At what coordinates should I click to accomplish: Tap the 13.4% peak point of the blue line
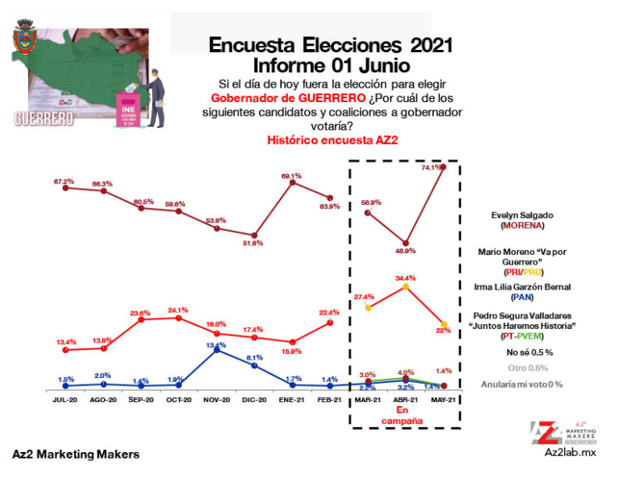point(216,352)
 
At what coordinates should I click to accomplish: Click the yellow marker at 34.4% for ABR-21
point(406,286)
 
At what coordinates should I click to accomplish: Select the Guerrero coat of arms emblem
point(27,39)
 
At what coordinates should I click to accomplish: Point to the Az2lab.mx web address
point(571,453)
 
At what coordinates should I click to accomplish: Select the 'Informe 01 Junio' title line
point(332,64)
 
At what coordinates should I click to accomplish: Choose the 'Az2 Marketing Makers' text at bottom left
point(76,454)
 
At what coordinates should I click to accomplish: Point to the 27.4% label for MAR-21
point(367,297)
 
